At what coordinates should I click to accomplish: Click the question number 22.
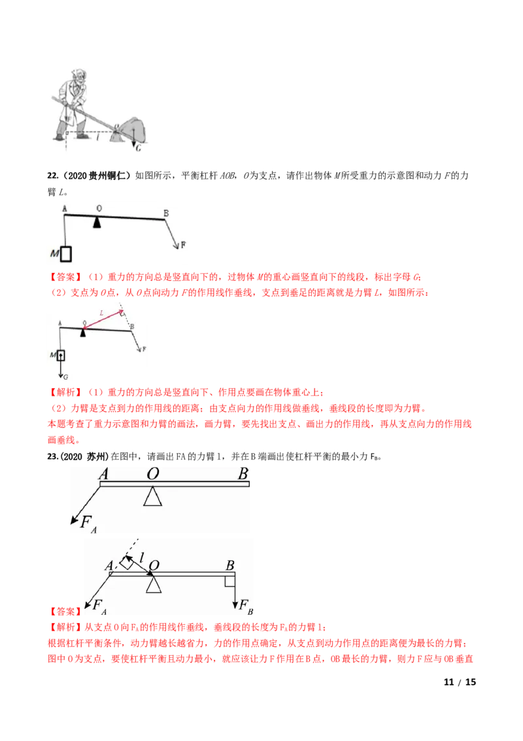pyautogui.click(x=52, y=176)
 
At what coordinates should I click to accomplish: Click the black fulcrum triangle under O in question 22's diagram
pyautogui.click(x=97, y=222)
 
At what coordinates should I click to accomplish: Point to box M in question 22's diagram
pyautogui.click(x=66, y=254)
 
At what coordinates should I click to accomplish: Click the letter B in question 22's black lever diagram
pyautogui.click(x=166, y=213)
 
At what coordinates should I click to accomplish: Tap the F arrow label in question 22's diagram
pyautogui.click(x=183, y=244)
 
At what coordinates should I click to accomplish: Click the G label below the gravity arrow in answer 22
pyautogui.click(x=65, y=376)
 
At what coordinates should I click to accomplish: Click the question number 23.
pyautogui.click(x=53, y=456)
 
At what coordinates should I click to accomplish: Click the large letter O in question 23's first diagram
pyautogui.click(x=152, y=473)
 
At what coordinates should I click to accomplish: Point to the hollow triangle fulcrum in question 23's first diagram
pyautogui.click(x=152, y=496)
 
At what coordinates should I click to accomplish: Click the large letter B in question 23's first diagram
pyautogui.click(x=243, y=473)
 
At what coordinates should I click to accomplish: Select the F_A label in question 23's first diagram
pyautogui.click(x=88, y=524)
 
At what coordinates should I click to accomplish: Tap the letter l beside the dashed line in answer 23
pyautogui.click(x=141, y=558)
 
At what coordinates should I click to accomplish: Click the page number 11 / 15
pyautogui.click(x=460, y=682)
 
